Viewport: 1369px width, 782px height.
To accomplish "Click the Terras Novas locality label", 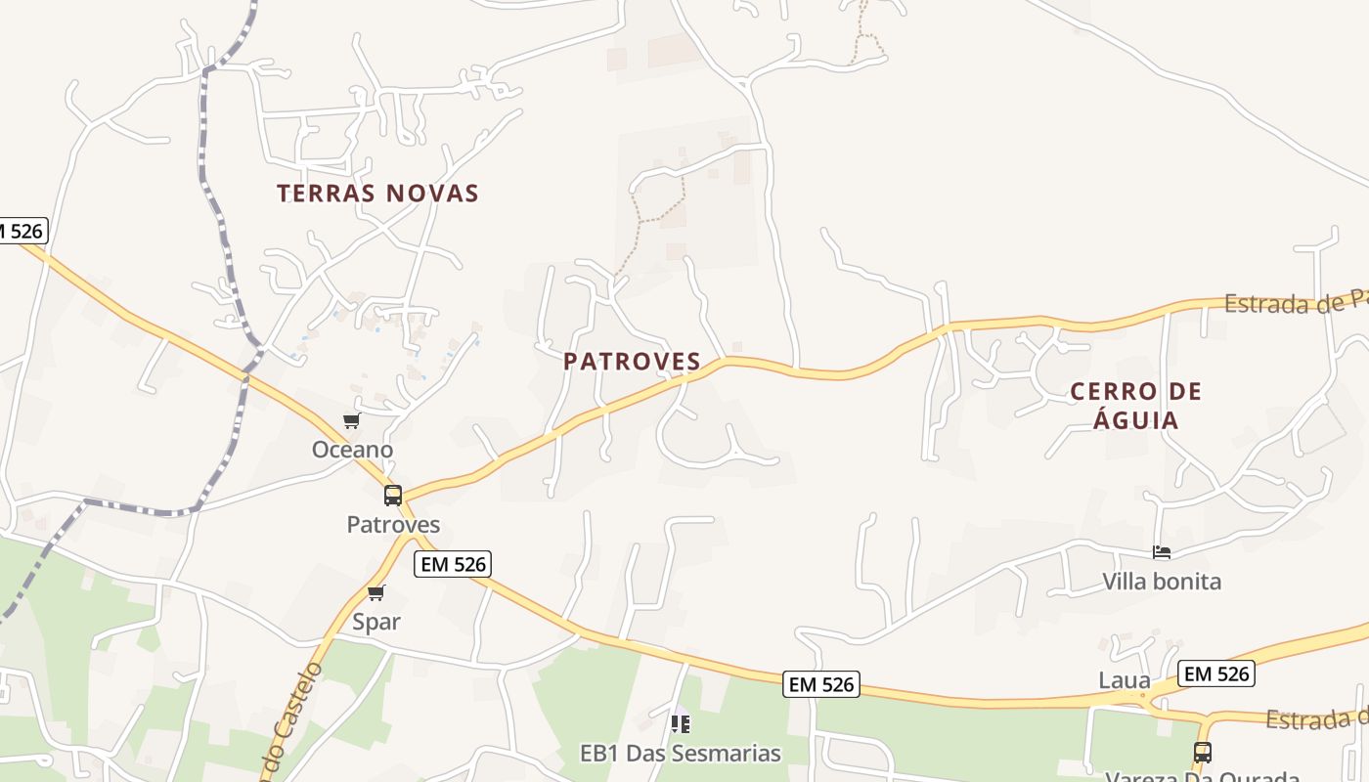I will (377, 194).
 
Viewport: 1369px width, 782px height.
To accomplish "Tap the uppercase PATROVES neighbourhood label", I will (632, 362).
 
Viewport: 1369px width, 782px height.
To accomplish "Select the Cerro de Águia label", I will (1136, 406).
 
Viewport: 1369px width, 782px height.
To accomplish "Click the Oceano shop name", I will (352, 450).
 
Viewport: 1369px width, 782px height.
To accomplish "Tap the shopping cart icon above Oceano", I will (352, 421).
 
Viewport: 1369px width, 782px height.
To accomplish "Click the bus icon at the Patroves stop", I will (393, 496).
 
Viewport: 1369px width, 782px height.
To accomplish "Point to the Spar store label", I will (376, 622).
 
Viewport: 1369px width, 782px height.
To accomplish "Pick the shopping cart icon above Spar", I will (376, 592).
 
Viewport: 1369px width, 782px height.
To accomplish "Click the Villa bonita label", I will (1162, 582).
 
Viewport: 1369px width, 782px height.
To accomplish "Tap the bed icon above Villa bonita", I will (1162, 552).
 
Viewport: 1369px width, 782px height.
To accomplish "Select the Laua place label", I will (1125, 680).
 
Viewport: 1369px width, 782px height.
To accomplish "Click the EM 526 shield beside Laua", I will (1216, 673).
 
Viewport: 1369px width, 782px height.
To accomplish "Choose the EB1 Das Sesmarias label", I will (681, 754).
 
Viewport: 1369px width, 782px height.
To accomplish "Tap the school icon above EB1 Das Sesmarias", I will (681, 724).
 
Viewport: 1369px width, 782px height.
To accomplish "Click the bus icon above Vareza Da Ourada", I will (1203, 753).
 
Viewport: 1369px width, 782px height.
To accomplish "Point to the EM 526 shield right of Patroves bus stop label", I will (452, 564).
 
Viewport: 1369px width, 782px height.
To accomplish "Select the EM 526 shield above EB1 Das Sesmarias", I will (822, 685).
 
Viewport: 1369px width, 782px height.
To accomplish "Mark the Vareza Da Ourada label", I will (1202, 776).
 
